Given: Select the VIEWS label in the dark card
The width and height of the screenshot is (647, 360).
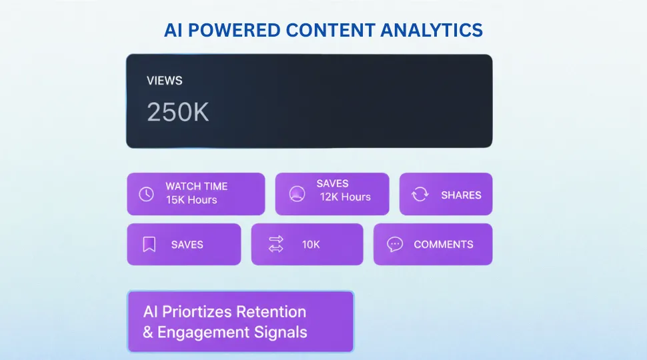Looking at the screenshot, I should [164, 81].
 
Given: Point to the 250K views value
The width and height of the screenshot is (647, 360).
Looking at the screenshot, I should [178, 112].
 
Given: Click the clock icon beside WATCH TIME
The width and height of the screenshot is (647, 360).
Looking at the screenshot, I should [146, 194].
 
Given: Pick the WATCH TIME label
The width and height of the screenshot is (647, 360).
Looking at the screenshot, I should [196, 187].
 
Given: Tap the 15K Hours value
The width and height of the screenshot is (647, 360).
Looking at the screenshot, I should [191, 200].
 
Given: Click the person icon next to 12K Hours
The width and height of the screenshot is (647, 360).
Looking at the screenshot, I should [297, 194].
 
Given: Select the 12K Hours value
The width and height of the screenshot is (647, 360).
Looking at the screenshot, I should [345, 197].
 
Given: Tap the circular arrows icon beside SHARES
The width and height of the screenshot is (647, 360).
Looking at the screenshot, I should [420, 195].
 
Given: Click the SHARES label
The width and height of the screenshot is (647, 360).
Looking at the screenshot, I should [461, 195].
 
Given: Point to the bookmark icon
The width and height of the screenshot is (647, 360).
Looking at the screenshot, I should [149, 245].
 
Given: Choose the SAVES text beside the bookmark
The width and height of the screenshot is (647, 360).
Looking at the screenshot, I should [187, 245].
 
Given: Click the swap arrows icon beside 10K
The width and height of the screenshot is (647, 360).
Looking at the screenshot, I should [275, 245].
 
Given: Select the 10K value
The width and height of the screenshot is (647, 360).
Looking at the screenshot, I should [311, 245].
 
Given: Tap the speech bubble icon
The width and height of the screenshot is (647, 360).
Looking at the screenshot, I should [395, 244].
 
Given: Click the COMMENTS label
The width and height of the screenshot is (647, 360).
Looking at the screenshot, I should [444, 245].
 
